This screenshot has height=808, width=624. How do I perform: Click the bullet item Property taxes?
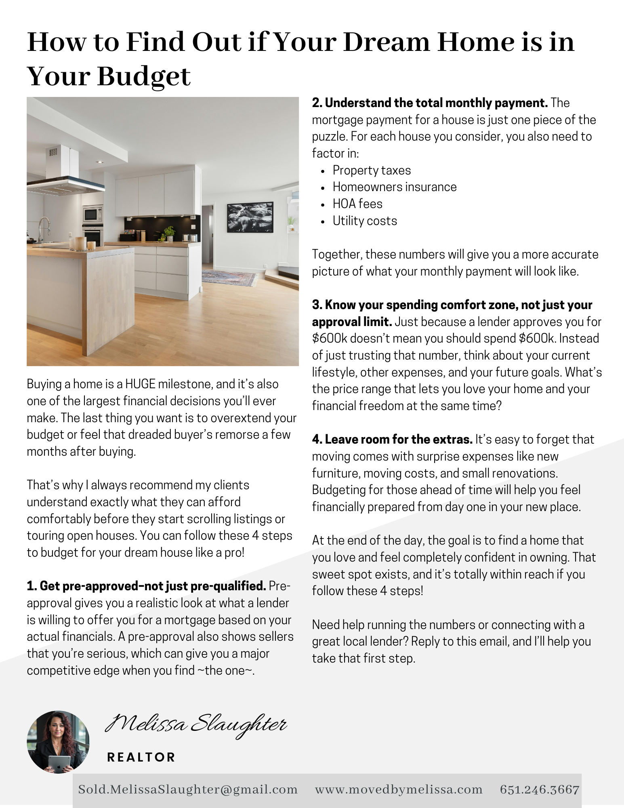pos(372,170)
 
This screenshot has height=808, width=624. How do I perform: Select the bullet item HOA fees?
pos(357,204)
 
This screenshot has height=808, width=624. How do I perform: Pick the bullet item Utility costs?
pos(365,221)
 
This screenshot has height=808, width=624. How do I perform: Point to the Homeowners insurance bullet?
pos(395,187)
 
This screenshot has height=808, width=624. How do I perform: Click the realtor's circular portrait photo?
pos(58,742)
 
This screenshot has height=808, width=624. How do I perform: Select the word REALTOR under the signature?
pos(141,757)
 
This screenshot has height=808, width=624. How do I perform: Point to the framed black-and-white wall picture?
pos(250,217)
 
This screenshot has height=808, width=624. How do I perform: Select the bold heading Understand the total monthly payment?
pos(430,103)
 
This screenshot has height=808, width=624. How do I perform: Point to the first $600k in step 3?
pos(330,339)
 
